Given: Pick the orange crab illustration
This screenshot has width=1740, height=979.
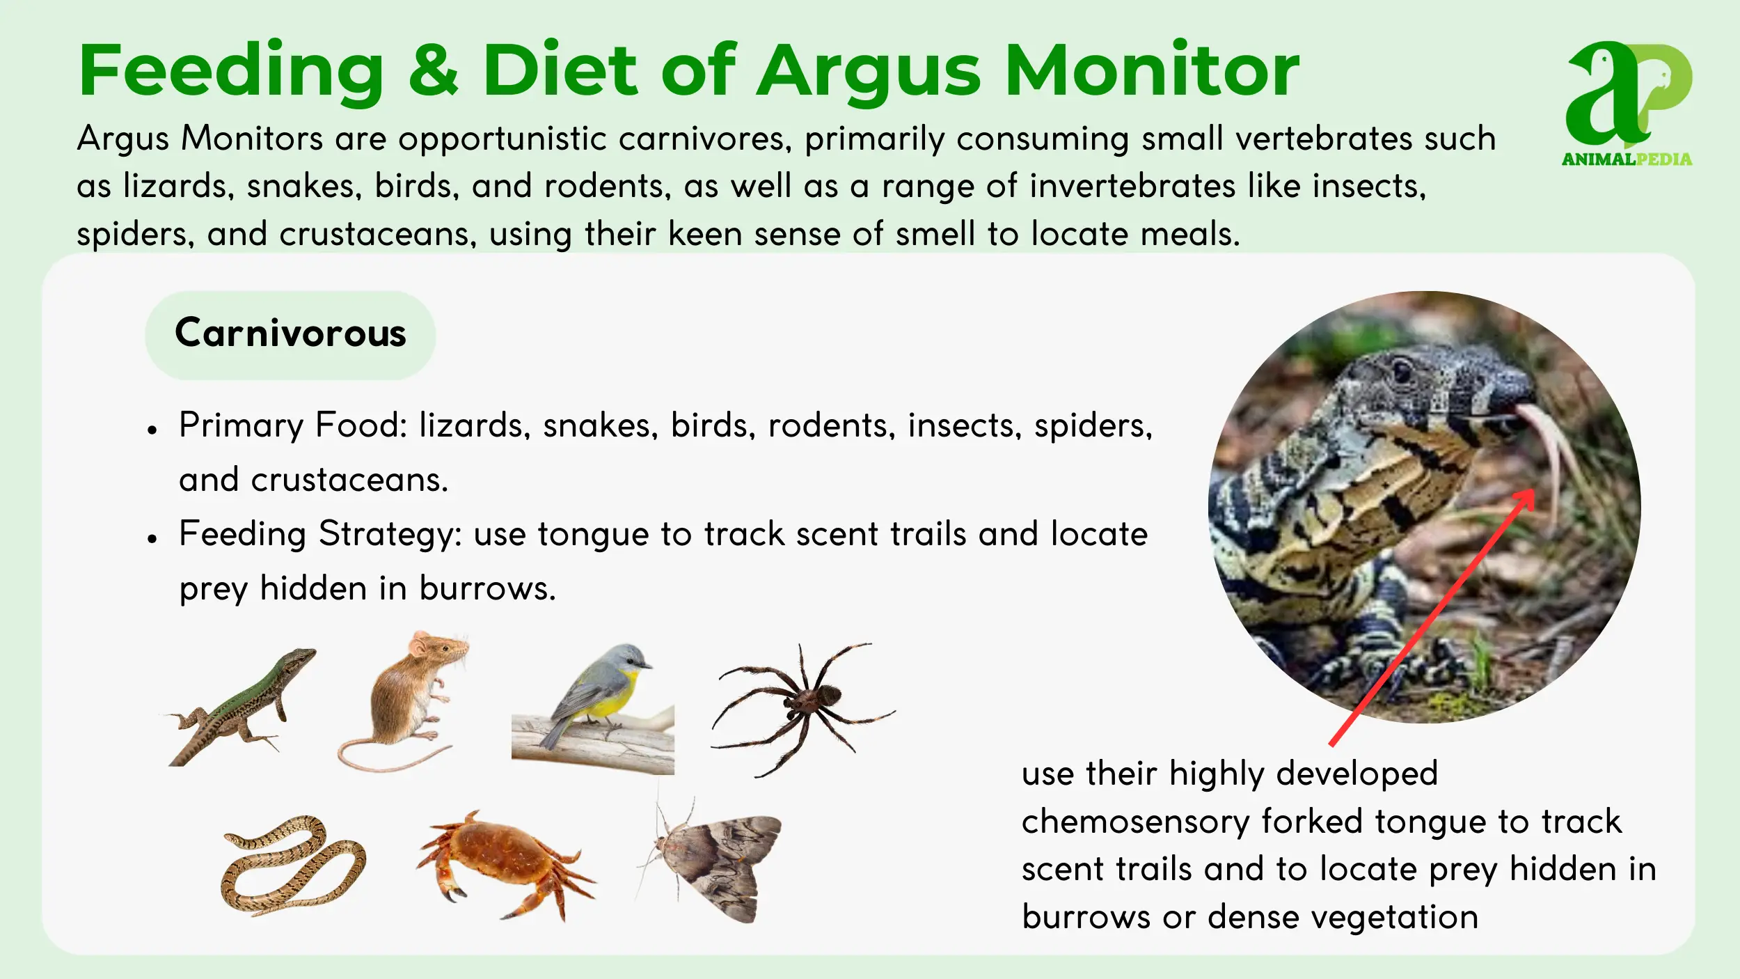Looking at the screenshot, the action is (x=505, y=864).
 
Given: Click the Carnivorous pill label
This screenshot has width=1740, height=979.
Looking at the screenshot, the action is (x=290, y=335).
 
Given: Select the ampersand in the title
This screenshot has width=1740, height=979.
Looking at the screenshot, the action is (x=434, y=70).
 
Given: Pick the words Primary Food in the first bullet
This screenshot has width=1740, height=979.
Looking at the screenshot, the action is (x=293, y=425).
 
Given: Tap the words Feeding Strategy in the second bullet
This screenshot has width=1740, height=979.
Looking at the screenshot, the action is (x=321, y=535).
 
